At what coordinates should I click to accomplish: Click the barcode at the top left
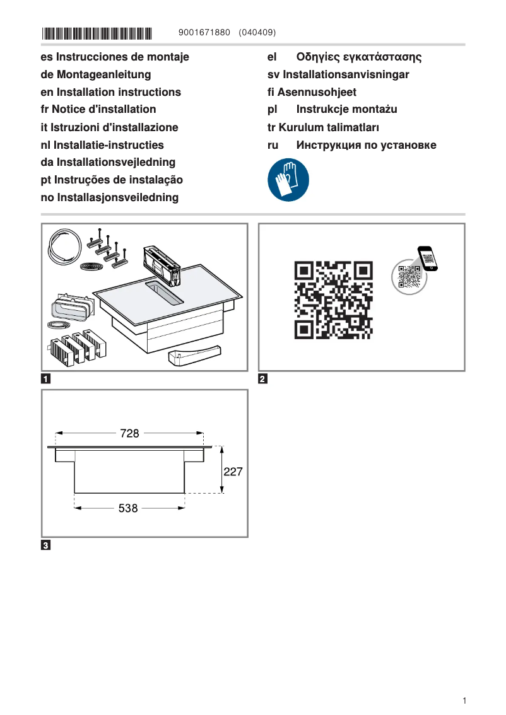[x=97, y=32]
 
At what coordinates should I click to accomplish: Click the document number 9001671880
[x=204, y=32]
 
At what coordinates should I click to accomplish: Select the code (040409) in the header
[x=257, y=32]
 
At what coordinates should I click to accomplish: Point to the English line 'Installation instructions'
[x=119, y=92]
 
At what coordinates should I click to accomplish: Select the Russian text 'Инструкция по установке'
[x=366, y=145]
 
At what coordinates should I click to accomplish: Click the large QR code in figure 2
[x=333, y=299]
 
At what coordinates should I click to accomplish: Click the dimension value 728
[x=129, y=433]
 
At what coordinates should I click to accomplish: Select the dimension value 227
[x=233, y=471]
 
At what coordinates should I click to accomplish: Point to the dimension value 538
[x=128, y=508]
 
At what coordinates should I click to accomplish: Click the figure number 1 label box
[x=46, y=379]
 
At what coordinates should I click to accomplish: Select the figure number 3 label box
[x=46, y=545]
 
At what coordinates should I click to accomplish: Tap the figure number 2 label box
[x=263, y=379]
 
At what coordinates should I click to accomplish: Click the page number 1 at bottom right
[x=464, y=700]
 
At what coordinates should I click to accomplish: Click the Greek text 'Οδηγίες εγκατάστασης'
[x=358, y=57]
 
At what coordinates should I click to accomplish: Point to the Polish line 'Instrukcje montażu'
[x=346, y=110]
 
